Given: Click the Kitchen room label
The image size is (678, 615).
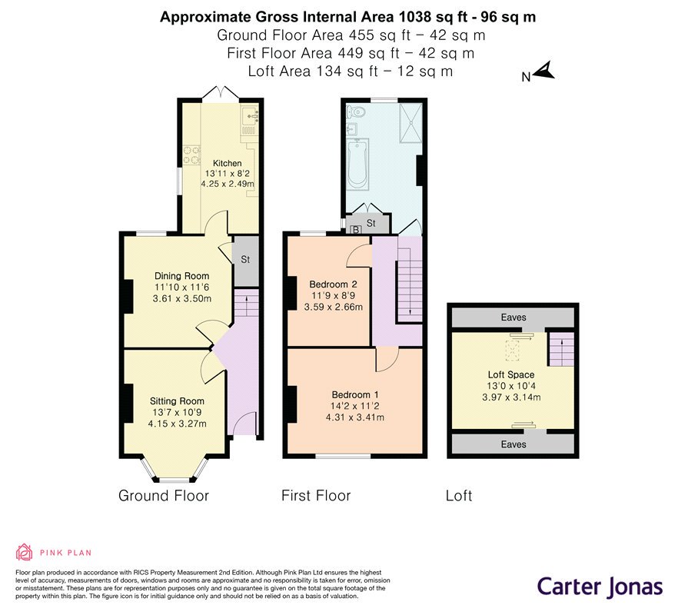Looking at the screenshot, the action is pyautogui.click(x=227, y=164).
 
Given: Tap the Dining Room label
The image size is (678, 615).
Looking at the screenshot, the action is pyautogui.click(x=181, y=276).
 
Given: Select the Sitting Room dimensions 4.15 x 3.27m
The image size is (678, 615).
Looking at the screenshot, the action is pyautogui.click(x=177, y=424).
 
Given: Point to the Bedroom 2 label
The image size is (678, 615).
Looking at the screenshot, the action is pyautogui.click(x=333, y=284).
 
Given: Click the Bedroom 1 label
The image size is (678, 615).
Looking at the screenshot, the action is pyautogui.click(x=355, y=394).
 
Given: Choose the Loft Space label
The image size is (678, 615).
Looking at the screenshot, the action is pyautogui.click(x=511, y=375).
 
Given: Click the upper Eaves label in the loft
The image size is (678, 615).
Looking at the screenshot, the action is pyautogui.click(x=513, y=317).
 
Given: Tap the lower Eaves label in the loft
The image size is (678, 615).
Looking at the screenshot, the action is pyautogui.click(x=513, y=444).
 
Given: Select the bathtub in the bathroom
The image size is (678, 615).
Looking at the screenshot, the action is pyautogui.click(x=357, y=164).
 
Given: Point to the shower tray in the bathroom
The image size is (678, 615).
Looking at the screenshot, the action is pyautogui.click(x=410, y=123).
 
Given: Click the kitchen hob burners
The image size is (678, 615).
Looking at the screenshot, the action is pyautogui.click(x=192, y=155).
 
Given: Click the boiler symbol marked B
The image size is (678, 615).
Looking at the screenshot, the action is pyautogui.click(x=356, y=230).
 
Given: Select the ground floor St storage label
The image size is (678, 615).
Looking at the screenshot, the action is pyautogui.click(x=245, y=260).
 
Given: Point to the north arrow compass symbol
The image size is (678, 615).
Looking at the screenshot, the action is pyautogui.click(x=544, y=71).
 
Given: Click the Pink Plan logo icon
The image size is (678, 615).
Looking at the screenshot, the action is pyautogui.click(x=25, y=552).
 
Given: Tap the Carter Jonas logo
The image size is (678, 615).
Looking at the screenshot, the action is pyautogui.click(x=600, y=587).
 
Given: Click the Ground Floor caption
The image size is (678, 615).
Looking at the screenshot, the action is pyautogui.click(x=164, y=496).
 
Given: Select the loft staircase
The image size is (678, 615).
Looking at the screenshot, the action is pyautogui.click(x=562, y=349).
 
